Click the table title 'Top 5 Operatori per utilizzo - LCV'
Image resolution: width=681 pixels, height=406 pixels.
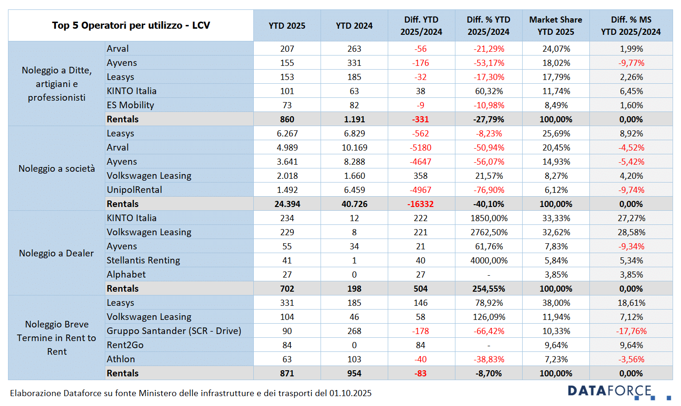pyautogui.click(x=131, y=25)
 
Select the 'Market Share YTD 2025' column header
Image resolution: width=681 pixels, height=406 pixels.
pyautogui.click(x=556, y=25)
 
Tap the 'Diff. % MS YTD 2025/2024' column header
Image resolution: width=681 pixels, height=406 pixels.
pyautogui.click(x=631, y=25)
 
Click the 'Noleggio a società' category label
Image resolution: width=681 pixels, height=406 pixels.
pyautogui.click(x=56, y=168)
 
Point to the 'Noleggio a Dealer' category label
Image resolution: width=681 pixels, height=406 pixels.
pyautogui.click(x=56, y=253)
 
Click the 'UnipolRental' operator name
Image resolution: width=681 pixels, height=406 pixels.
pyautogui.click(x=134, y=190)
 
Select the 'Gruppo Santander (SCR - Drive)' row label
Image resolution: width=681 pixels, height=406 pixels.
pyautogui.click(x=174, y=331)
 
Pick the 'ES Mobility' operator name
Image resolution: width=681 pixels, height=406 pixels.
pyautogui.click(x=130, y=105)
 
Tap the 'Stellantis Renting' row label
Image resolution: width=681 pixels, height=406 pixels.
pyautogui.click(x=143, y=260)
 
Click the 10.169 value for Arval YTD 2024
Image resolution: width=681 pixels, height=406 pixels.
pyautogui.click(x=354, y=147)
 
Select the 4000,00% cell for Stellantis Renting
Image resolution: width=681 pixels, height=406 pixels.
pyautogui.click(x=489, y=260)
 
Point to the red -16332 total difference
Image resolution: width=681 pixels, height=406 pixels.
pyautogui.click(x=421, y=204)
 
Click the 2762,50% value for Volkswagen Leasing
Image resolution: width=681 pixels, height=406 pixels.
pyautogui.click(x=489, y=232)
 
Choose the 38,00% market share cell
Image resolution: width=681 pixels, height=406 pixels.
pyautogui.click(x=556, y=303)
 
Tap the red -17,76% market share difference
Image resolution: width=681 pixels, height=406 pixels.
pyautogui.click(x=631, y=331)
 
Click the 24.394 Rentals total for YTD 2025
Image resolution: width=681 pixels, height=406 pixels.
pyautogui.click(x=287, y=204)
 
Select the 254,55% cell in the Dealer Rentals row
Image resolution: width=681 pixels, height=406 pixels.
pyautogui.click(x=489, y=288)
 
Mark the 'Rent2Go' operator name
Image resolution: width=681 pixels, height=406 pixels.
pyautogui.click(x=125, y=345)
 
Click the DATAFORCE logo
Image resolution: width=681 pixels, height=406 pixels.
pyautogui.click(x=611, y=391)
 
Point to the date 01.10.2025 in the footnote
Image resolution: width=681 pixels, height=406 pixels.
pyautogui.click(x=350, y=393)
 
